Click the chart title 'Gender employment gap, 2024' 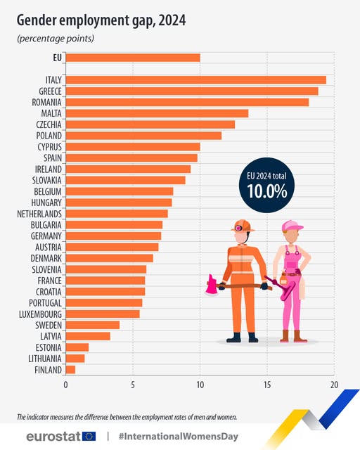click(x=101, y=21)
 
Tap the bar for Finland click(x=70, y=369)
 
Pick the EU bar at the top click(x=133, y=58)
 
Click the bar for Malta click(x=157, y=113)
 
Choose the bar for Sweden click(x=93, y=325)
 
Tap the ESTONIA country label click(x=48, y=347)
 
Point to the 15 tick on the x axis click(x=267, y=385)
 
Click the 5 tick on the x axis click(x=133, y=385)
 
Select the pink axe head click(x=212, y=285)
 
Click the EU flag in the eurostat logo click(x=89, y=436)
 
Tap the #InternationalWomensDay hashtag click(x=178, y=436)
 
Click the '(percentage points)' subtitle click(x=55, y=38)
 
